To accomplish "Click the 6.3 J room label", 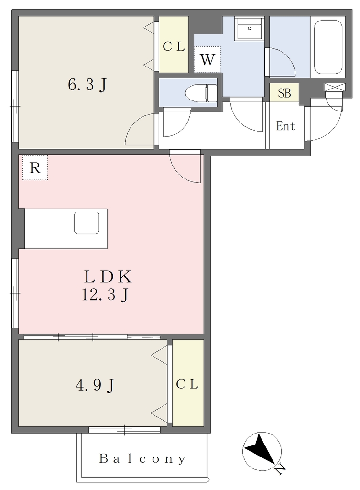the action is coord(87,85).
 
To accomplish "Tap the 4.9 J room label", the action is coord(95,385).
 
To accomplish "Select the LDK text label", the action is coord(108,277).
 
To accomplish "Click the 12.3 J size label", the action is coord(105,295).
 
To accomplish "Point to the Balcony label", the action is coord(142,459).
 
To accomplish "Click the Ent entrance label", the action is coord(286,126).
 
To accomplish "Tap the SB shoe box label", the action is coord(284,93).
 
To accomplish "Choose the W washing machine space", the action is coord(207,59).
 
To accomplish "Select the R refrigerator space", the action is coord(35,168).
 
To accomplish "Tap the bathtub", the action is coord(328,47).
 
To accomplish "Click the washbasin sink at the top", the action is coord(249,28).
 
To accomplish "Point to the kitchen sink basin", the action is coord(87,223).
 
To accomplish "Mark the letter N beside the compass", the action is coord(280,469).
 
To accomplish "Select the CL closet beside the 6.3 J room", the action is coord(174,45).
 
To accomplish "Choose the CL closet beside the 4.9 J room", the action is coord(188,383).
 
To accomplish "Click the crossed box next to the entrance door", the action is coord(334,87).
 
